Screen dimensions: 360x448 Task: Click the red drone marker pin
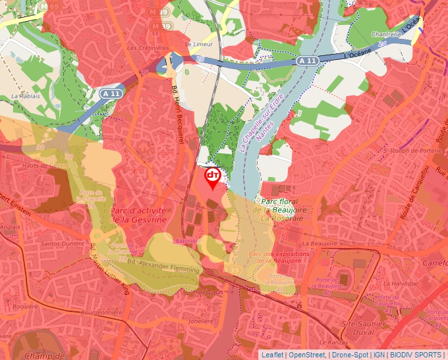tap(213, 177)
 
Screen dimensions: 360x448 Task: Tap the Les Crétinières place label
tap(148, 48)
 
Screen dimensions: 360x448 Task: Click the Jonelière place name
tap(202, 321)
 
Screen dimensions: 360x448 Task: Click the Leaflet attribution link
tap(272, 355)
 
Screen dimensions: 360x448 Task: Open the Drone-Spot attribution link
tap(350, 355)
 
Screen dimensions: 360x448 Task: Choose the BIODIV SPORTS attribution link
tap(416, 355)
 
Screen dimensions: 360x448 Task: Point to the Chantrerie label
tap(386, 34)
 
